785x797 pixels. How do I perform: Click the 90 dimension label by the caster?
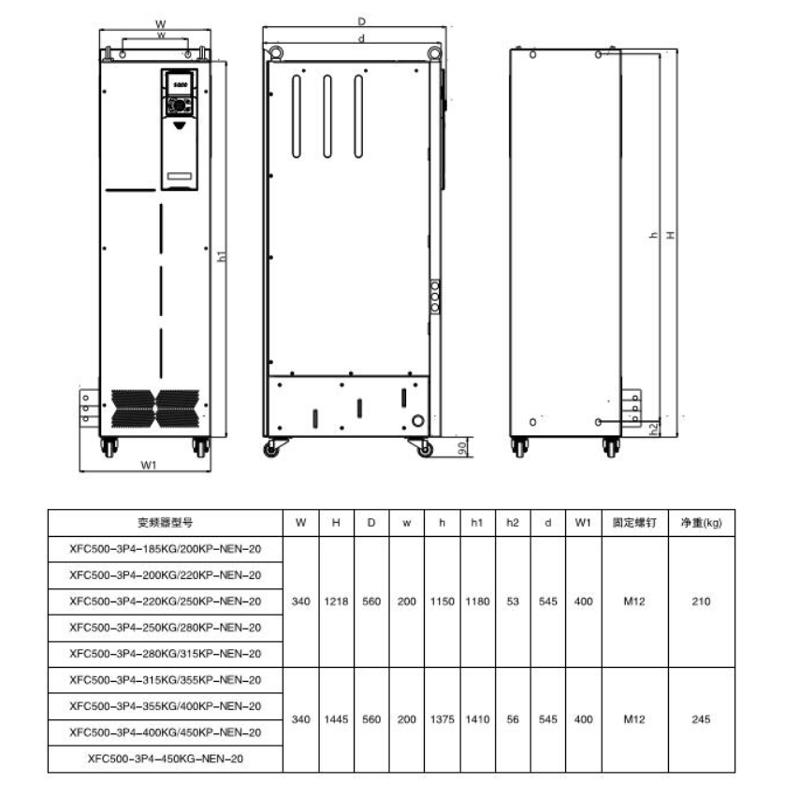(x=461, y=448)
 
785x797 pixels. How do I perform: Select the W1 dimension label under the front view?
(x=149, y=465)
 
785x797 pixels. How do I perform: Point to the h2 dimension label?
(x=654, y=428)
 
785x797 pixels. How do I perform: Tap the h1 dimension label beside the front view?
(x=222, y=256)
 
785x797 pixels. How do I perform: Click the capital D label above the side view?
(x=361, y=22)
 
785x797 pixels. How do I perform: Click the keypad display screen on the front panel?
(x=180, y=84)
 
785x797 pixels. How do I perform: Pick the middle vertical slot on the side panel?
(x=327, y=116)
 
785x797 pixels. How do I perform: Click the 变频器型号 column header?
(x=166, y=523)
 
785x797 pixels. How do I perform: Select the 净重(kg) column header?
(x=701, y=523)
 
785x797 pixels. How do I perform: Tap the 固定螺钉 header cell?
(x=634, y=523)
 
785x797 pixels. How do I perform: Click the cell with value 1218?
(x=336, y=601)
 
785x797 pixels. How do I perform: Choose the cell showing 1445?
(x=336, y=719)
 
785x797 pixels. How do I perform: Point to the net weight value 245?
(x=701, y=719)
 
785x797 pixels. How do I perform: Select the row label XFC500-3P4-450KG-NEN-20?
(x=166, y=759)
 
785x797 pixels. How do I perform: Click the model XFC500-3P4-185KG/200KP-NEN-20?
(x=166, y=549)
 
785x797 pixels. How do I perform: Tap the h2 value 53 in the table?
(x=513, y=601)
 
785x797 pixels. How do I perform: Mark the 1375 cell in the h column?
(x=442, y=719)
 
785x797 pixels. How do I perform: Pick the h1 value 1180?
(x=477, y=601)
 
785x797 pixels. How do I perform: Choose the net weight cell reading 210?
(x=701, y=601)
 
